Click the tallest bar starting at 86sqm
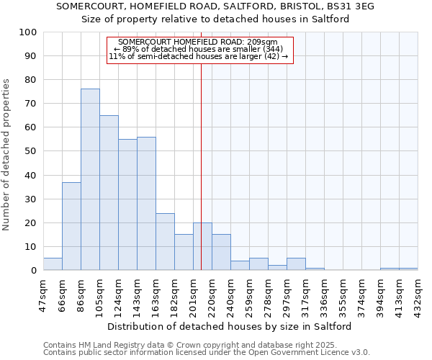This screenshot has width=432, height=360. coord(90,179)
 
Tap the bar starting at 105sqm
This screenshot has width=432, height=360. coord(109,192)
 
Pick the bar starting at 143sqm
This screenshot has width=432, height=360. coord(146,204)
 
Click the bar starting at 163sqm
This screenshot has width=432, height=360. coord(165,242)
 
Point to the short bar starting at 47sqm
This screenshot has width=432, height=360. coord(53,264)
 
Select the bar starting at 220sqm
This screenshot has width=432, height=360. coord(221,252)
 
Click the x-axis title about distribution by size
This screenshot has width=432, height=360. coord(230,326)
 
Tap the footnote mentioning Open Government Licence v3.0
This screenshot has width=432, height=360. coord(206,352)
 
